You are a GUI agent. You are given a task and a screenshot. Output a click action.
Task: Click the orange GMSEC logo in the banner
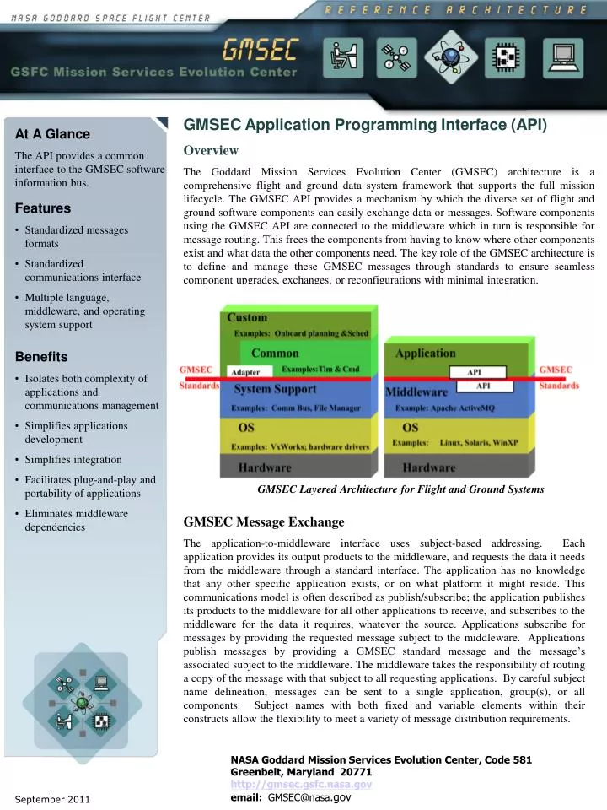point(259,51)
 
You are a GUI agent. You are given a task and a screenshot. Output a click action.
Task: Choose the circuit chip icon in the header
point(505,57)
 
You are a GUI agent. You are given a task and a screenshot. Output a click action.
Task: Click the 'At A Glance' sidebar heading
point(52,134)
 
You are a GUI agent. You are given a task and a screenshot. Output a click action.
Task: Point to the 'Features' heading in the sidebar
point(43,208)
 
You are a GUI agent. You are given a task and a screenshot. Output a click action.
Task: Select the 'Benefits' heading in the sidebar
point(41,357)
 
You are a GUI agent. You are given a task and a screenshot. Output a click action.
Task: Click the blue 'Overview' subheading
point(211,151)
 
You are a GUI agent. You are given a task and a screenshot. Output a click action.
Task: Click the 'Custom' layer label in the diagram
point(247,318)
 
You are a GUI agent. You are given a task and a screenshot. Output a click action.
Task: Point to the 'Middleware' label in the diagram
point(416,392)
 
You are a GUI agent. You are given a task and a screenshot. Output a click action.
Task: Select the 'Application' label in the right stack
point(426,354)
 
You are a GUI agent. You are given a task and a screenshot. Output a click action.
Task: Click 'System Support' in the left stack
point(275,390)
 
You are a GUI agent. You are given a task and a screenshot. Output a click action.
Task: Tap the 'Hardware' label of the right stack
point(429,467)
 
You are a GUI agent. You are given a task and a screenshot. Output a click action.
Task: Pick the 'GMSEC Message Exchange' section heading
point(264,521)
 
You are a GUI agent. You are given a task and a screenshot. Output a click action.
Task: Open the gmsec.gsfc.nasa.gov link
point(301,784)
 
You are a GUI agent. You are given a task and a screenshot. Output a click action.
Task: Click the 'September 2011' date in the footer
point(52,798)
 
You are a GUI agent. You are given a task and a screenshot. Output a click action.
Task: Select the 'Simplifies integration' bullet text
point(73,460)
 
